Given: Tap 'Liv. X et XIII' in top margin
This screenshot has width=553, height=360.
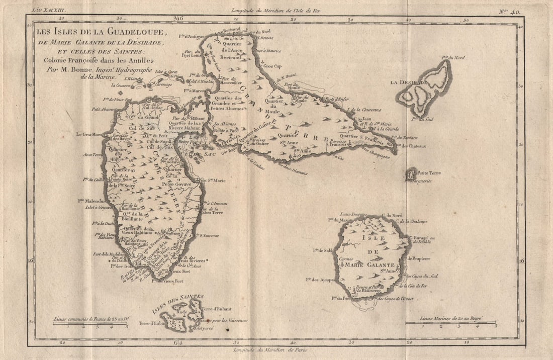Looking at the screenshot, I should point(49,9).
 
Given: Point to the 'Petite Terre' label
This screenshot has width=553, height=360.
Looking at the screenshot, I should point(428,173).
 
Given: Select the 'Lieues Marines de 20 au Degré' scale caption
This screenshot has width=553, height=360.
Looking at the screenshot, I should point(451,318).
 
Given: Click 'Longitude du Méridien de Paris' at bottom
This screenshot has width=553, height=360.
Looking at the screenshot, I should point(270,349).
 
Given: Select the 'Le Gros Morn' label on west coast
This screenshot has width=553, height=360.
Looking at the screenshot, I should point(89,134).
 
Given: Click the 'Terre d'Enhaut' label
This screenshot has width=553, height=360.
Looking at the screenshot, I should point(216,308).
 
